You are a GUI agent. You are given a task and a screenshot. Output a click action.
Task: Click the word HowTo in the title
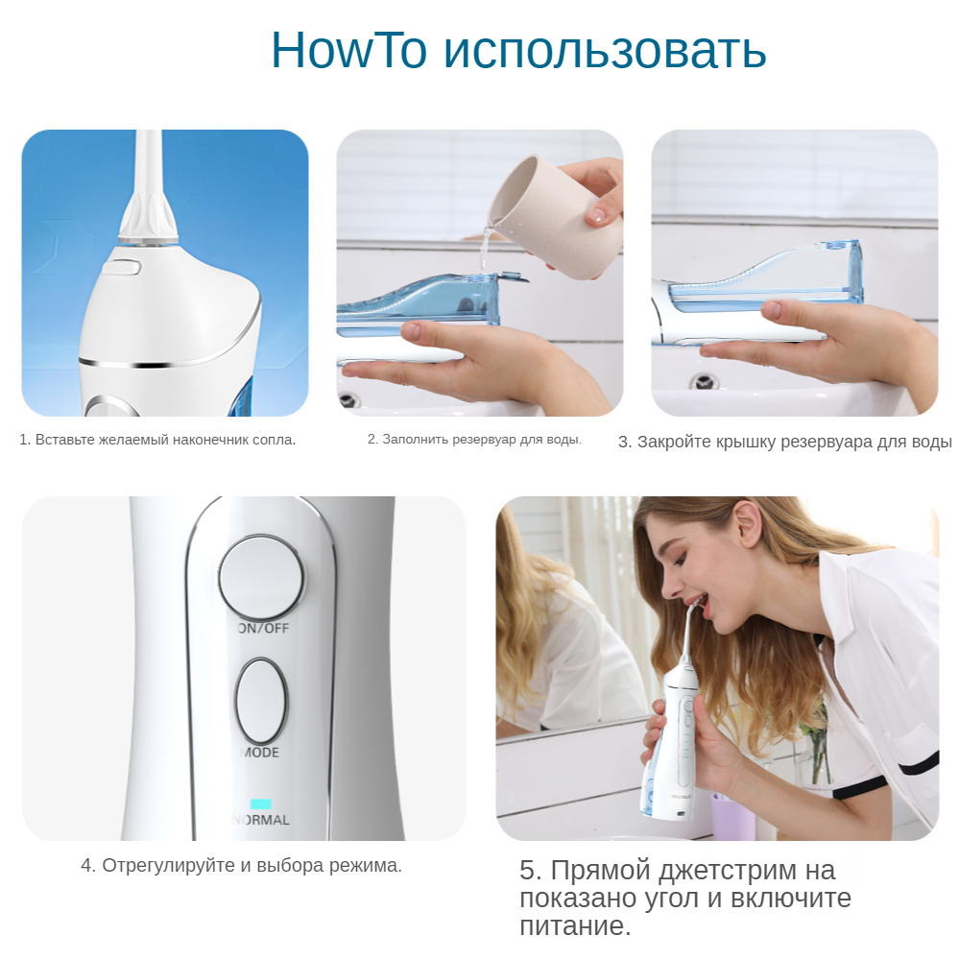click(348, 49)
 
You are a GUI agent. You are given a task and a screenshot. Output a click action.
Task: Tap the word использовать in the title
click(605, 50)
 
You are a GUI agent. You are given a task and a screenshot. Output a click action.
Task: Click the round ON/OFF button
click(261, 577)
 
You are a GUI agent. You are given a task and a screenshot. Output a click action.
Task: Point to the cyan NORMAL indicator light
click(261, 804)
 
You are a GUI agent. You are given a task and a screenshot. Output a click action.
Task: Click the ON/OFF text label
click(263, 628)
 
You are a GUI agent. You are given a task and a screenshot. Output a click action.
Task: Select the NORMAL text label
click(261, 820)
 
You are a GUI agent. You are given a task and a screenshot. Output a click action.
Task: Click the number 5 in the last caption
click(530, 870)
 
